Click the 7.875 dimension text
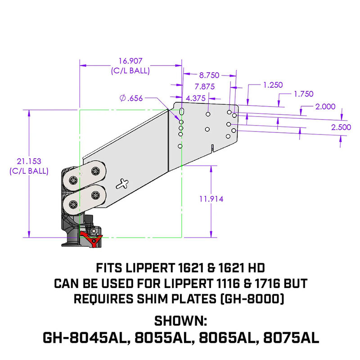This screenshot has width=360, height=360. (205, 87)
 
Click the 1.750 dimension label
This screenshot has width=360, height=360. (303, 94)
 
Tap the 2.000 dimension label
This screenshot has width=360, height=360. (325, 106)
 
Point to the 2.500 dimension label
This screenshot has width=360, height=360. (341, 127)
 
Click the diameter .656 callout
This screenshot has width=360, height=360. (132, 99)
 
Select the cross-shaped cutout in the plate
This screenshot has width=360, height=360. (122, 183)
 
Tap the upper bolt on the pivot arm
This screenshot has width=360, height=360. (95, 171)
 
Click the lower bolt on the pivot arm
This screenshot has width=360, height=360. (95, 195)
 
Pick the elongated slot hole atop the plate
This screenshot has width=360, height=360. (182, 111)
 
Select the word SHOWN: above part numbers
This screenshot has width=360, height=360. (180, 321)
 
